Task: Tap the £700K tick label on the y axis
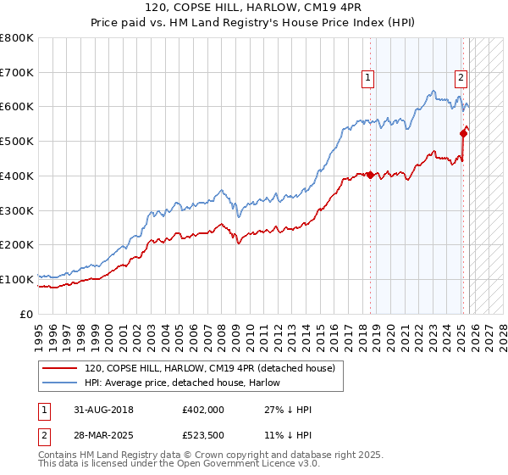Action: (x=17, y=72)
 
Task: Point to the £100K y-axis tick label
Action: (x=17, y=279)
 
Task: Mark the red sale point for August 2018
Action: (x=371, y=175)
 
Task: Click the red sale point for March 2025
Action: (x=463, y=132)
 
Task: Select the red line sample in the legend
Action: (x=60, y=368)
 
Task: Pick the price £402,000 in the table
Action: (x=203, y=410)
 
